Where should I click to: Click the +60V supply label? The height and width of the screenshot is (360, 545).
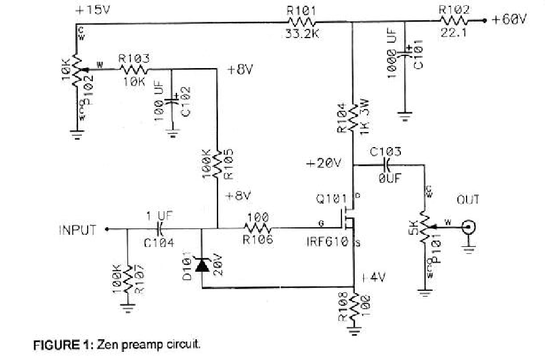click(x=509, y=20)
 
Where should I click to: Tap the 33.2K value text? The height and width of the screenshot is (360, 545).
click(x=302, y=33)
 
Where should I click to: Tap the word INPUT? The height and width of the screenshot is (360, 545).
click(x=77, y=230)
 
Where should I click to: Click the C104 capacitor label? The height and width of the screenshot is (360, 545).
click(x=159, y=243)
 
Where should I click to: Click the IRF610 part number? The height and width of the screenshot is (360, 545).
click(x=328, y=241)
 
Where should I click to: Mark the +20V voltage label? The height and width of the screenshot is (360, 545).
click(x=324, y=163)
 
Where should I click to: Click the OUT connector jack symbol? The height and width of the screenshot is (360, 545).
click(x=470, y=228)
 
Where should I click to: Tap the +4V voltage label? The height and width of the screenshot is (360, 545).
click(x=372, y=277)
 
